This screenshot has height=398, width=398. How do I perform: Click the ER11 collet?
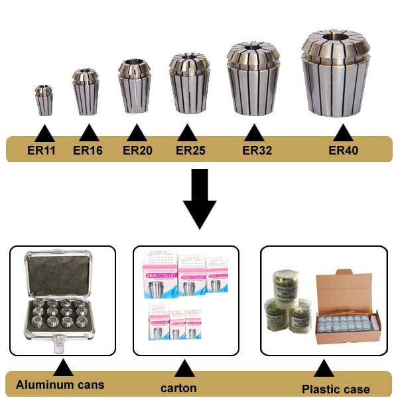click(x=44, y=100)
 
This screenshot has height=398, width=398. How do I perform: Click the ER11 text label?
click(x=41, y=151)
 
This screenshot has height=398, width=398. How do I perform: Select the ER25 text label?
click(x=190, y=151)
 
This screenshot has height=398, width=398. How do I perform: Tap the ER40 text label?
click(x=343, y=151)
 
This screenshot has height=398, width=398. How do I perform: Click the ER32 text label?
click(x=257, y=151)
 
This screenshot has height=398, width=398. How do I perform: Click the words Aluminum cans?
click(x=54, y=385)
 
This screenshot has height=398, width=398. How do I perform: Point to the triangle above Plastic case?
click(x=323, y=369)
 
